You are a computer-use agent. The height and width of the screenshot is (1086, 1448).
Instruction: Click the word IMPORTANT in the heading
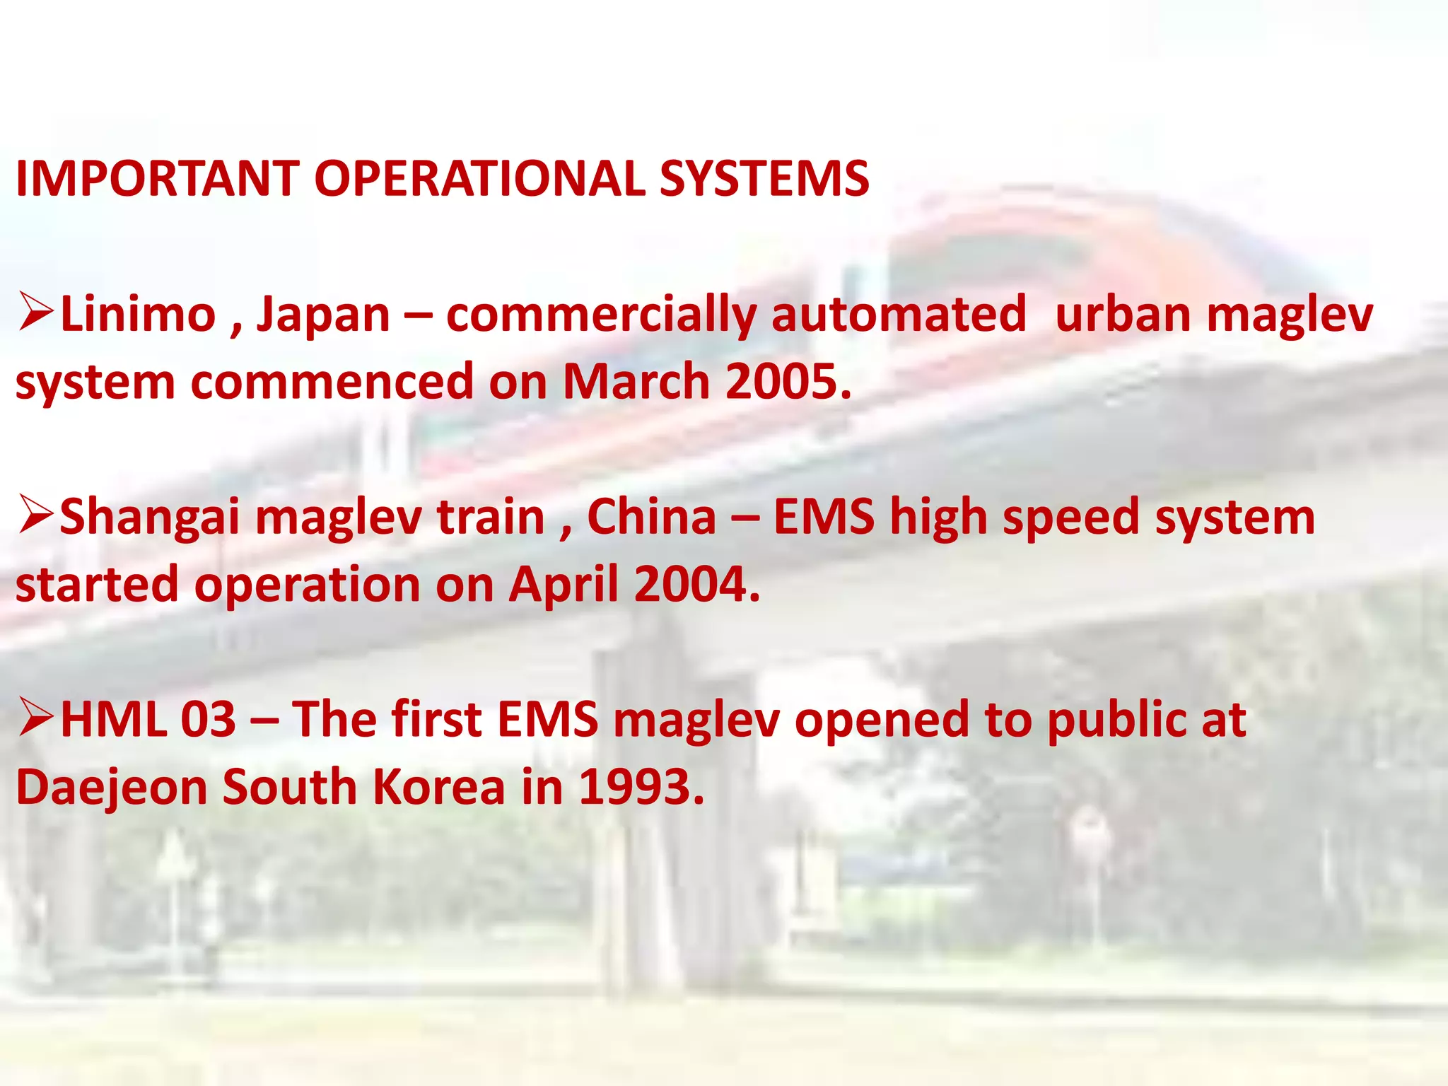pos(157,178)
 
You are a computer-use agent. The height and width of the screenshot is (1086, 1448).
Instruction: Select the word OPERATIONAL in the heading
pos(479,178)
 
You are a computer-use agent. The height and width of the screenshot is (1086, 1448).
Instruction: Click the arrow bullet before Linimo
pos(35,313)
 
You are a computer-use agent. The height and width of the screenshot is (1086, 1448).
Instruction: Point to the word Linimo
pos(139,315)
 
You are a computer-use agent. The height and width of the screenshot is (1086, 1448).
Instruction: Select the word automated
pos(898,315)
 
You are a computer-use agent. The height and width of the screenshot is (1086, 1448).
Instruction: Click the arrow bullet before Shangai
pos(35,516)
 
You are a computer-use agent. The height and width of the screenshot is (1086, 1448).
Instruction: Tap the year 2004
pos(696,585)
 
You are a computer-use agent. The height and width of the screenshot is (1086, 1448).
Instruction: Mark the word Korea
pos(438,787)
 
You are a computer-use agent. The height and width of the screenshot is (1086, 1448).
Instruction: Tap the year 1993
pos(641,787)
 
